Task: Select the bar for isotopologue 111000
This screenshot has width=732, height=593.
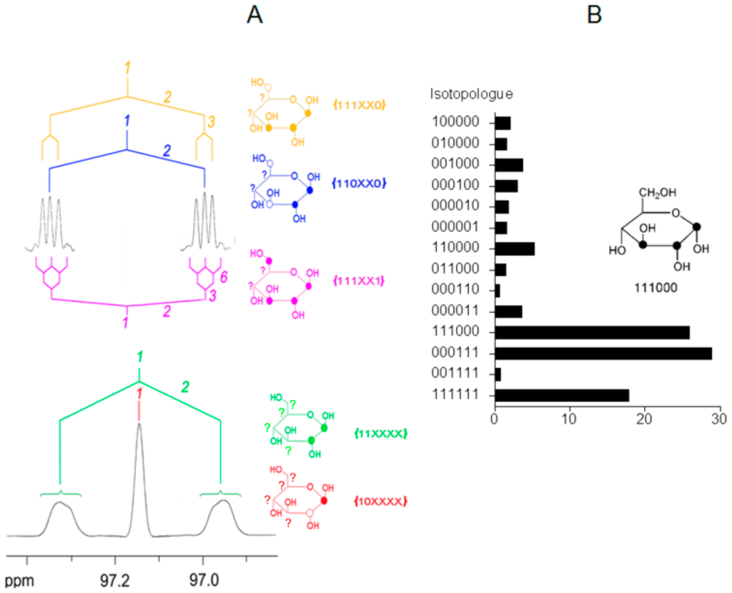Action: coord(592,332)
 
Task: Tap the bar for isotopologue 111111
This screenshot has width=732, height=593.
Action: coord(562,395)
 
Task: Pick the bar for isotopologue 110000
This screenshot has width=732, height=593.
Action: coord(515,249)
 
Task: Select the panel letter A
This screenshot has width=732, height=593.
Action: coord(254,14)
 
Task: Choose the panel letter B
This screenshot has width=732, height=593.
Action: coord(595,14)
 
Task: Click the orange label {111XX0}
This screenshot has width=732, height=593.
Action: coord(360,105)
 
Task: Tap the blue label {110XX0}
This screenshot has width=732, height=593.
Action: coord(360,183)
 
